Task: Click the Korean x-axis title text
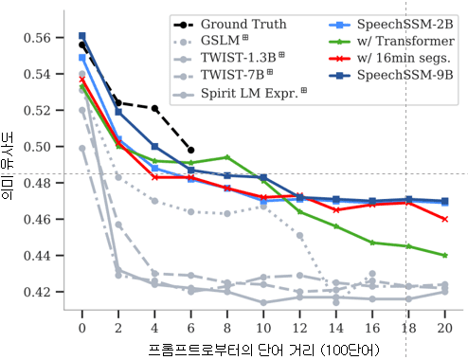point(263,349)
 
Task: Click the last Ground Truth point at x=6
point(191,150)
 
